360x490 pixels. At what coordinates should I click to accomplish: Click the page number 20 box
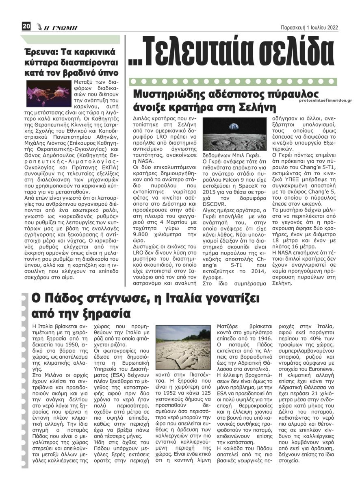point(26,26)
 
